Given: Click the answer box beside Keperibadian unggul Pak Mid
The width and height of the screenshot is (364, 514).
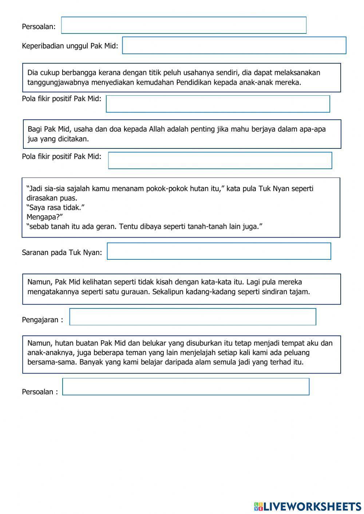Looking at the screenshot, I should [234, 45].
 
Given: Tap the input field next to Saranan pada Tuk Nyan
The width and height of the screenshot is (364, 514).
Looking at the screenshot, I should [219, 251].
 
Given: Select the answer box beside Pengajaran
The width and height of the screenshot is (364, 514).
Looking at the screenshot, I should [193, 317].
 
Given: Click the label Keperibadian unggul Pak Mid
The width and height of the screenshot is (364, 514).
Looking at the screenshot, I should [70, 46].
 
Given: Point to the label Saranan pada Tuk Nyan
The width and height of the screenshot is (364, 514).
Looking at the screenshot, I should [62, 252].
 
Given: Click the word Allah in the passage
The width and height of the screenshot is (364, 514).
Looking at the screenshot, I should [157, 129].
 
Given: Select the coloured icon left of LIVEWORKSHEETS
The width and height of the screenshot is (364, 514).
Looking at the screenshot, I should [258, 506].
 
